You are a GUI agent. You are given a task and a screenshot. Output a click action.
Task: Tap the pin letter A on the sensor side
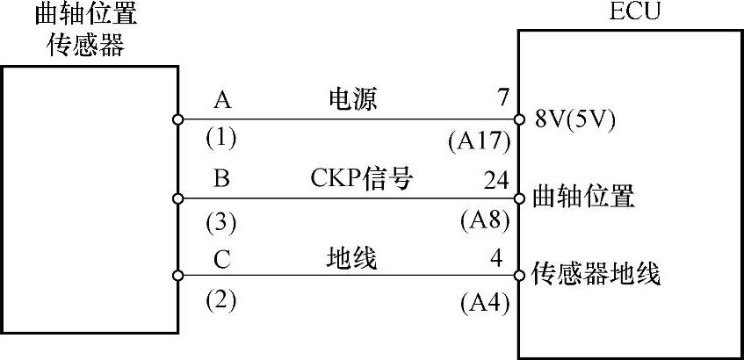click(222, 100)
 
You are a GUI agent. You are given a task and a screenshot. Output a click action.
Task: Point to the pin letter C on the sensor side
click(222, 258)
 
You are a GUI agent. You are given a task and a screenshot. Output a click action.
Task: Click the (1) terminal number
click(222, 138)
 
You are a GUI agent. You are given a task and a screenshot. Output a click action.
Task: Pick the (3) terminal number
click(222, 223)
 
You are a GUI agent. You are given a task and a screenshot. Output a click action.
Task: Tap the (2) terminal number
click(222, 301)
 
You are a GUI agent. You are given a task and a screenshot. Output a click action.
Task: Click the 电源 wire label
click(351, 100)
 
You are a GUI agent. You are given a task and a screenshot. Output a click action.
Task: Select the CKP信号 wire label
click(361, 178)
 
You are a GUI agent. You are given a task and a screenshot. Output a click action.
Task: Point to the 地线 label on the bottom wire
click(351, 258)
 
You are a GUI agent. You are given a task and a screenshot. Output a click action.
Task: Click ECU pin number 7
click(502, 98)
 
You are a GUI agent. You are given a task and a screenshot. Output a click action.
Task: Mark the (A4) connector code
click(485, 303)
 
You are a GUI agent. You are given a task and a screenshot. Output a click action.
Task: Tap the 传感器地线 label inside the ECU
click(596, 275)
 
